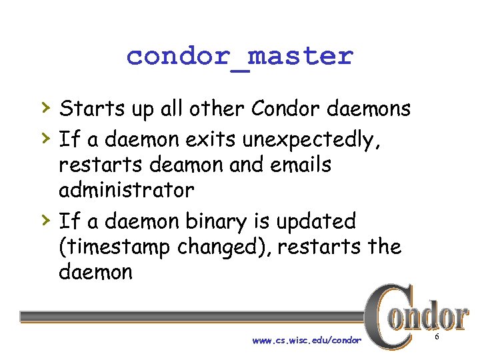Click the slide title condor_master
click(x=239, y=56)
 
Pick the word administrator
click(x=127, y=190)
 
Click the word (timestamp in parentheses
click(x=115, y=247)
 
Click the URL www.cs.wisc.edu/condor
click(x=307, y=341)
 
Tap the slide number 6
click(x=437, y=338)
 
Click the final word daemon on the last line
click(x=96, y=271)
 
